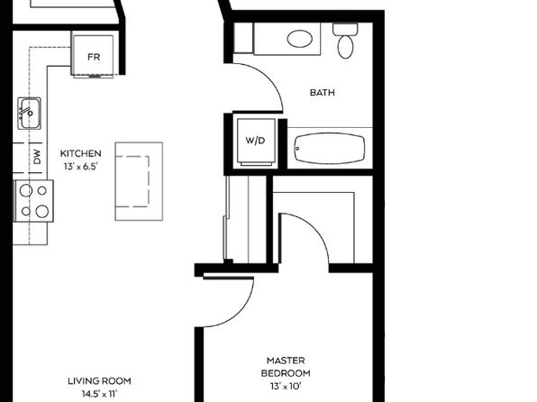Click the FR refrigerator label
(94, 57)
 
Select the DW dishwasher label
(37, 156)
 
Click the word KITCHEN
(81, 153)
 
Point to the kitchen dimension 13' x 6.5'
(81, 167)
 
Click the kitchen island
(139, 181)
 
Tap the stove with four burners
(33, 201)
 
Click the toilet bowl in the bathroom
(345, 47)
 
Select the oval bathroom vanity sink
(300, 39)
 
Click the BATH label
(323, 93)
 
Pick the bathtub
(329, 149)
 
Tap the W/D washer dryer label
(256, 141)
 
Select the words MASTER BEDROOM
(286, 367)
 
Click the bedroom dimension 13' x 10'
(286, 387)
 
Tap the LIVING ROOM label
(99, 380)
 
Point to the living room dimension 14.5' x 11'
(99, 394)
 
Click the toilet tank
(345, 29)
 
